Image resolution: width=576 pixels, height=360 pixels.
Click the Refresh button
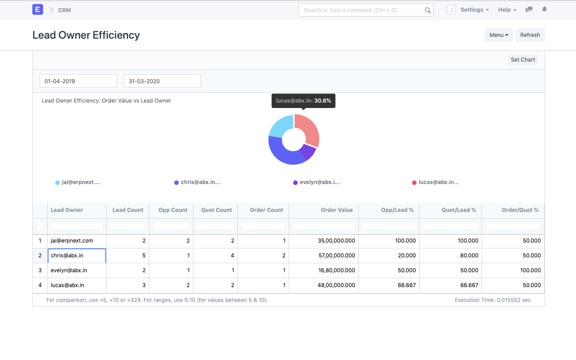pyautogui.click(x=530, y=35)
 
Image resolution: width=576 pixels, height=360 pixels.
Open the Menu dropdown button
pyautogui.click(x=499, y=35)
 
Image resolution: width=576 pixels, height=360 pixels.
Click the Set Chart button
pyautogui.click(x=522, y=60)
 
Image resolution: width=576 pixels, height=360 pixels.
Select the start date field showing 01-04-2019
pyautogui.click(x=78, y=81)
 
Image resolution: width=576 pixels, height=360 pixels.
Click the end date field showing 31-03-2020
pyautogui.click(x=162, y=81)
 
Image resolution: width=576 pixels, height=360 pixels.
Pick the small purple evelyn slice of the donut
pyautogui.click(x=308, y=153)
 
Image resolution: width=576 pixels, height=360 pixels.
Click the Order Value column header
pyautogui.click(x=336, y=210)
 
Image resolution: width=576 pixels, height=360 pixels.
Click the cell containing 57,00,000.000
pyautogui.click(x=336, y=256)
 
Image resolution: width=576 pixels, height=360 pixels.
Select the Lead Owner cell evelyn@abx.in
pyautogui.click(x=69, y=270)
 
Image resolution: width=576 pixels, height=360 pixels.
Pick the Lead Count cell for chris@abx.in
pyautogui.click(x=128, y=256)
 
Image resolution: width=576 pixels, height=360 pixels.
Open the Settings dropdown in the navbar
pyautogui.click(x=474, y=10)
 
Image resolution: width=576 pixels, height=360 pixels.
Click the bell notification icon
pyautogui.click(x=544, y=9)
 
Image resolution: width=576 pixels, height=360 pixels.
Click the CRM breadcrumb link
pyautogui.click(x=64, y=10)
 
